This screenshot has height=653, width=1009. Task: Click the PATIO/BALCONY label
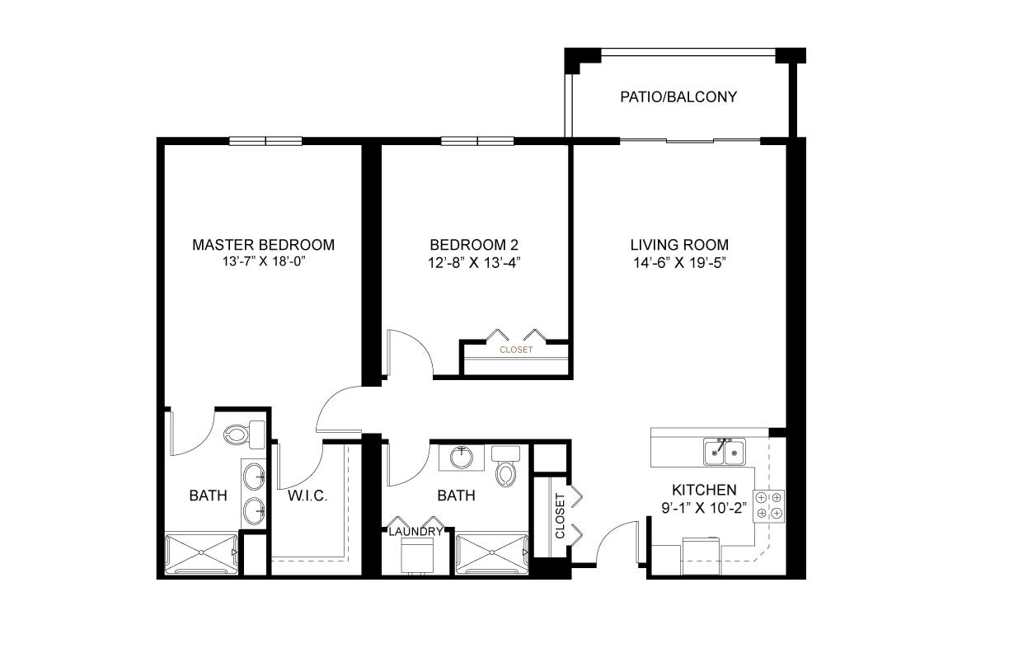[678, 97]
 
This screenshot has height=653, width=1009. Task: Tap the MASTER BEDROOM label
[264, 245]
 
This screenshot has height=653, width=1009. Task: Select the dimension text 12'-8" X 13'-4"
[474, 262]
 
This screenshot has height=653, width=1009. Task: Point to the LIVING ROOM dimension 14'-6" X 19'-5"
[680, 262]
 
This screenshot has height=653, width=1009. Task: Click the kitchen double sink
[725, 452]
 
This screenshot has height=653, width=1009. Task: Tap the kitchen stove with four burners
[769, 505]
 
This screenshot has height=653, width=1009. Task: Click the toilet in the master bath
[245, 435]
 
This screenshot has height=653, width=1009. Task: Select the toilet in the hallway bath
[506, 467]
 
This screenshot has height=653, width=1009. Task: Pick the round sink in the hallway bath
[462, 458]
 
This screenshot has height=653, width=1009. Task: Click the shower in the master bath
[201, 552]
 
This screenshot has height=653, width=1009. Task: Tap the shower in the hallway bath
[492, 552]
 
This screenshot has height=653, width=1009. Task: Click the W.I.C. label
[307, 496]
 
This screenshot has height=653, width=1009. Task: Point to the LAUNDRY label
[415, 532]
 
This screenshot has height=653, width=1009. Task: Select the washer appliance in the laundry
[417, 556]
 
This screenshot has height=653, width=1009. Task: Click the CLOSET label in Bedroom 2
[516, 350]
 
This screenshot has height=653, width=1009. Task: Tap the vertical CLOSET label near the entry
[560, 516]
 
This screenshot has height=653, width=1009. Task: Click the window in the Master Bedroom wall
[265, 141]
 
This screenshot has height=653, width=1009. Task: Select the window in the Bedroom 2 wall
[477, 141]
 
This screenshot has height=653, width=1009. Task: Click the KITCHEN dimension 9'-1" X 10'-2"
[704, 508]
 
